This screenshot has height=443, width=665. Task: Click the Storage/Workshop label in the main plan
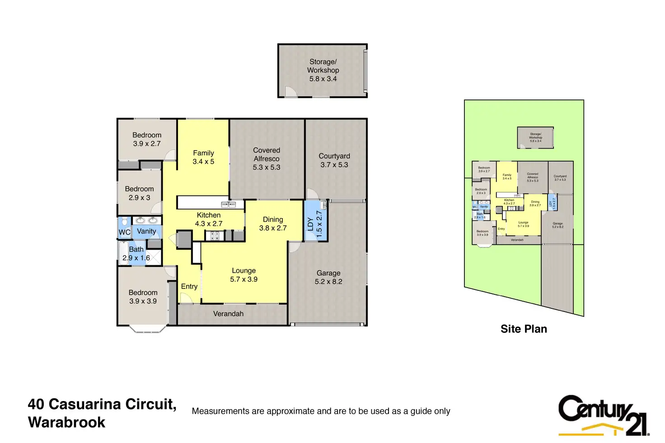pyautogui.click(x=323, y=70)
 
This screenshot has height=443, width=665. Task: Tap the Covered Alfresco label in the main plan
pyautogui.click(x=267, y=159)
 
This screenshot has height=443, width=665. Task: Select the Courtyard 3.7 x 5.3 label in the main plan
pyautogui.click(x=334, y=160)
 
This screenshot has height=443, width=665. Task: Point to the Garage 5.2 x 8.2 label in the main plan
pyautogui.click(x=328, y=277)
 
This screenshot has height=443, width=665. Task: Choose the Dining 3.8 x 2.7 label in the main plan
pyautogui.click(x=273, y=224)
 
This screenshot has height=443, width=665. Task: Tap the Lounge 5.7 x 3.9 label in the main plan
pyautogui.click(x=244, y=275)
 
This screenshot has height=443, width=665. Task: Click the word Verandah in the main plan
pyautogui.click(x=228, y=314)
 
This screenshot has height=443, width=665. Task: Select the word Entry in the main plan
pyautogui.click(x=189, y=286)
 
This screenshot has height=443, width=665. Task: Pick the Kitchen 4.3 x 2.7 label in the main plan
pyautogui.click(x=209, y=219)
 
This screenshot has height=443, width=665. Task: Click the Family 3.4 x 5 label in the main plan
pyautogui.click(x=203, y=157)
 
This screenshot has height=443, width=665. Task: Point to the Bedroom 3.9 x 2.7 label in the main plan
pyautogui.click(x=147, y=139)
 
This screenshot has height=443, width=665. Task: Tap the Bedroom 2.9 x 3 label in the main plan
pyautogui.click(x=139, y=193)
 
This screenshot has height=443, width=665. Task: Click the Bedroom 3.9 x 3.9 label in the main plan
pyautogui.click(x=143, y=297)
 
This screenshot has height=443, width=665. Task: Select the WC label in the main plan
pyautogui.click(x=124, y=233)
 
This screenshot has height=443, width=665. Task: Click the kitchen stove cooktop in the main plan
pyautogui.click(x=213, y=235)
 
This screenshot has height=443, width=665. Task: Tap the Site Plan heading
pyautogui.click(x=524, y=329)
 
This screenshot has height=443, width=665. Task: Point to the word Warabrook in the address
pyautogui.click(x=66, y=423)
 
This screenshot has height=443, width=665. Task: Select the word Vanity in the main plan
pyautogui.click(x=146, y=231)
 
